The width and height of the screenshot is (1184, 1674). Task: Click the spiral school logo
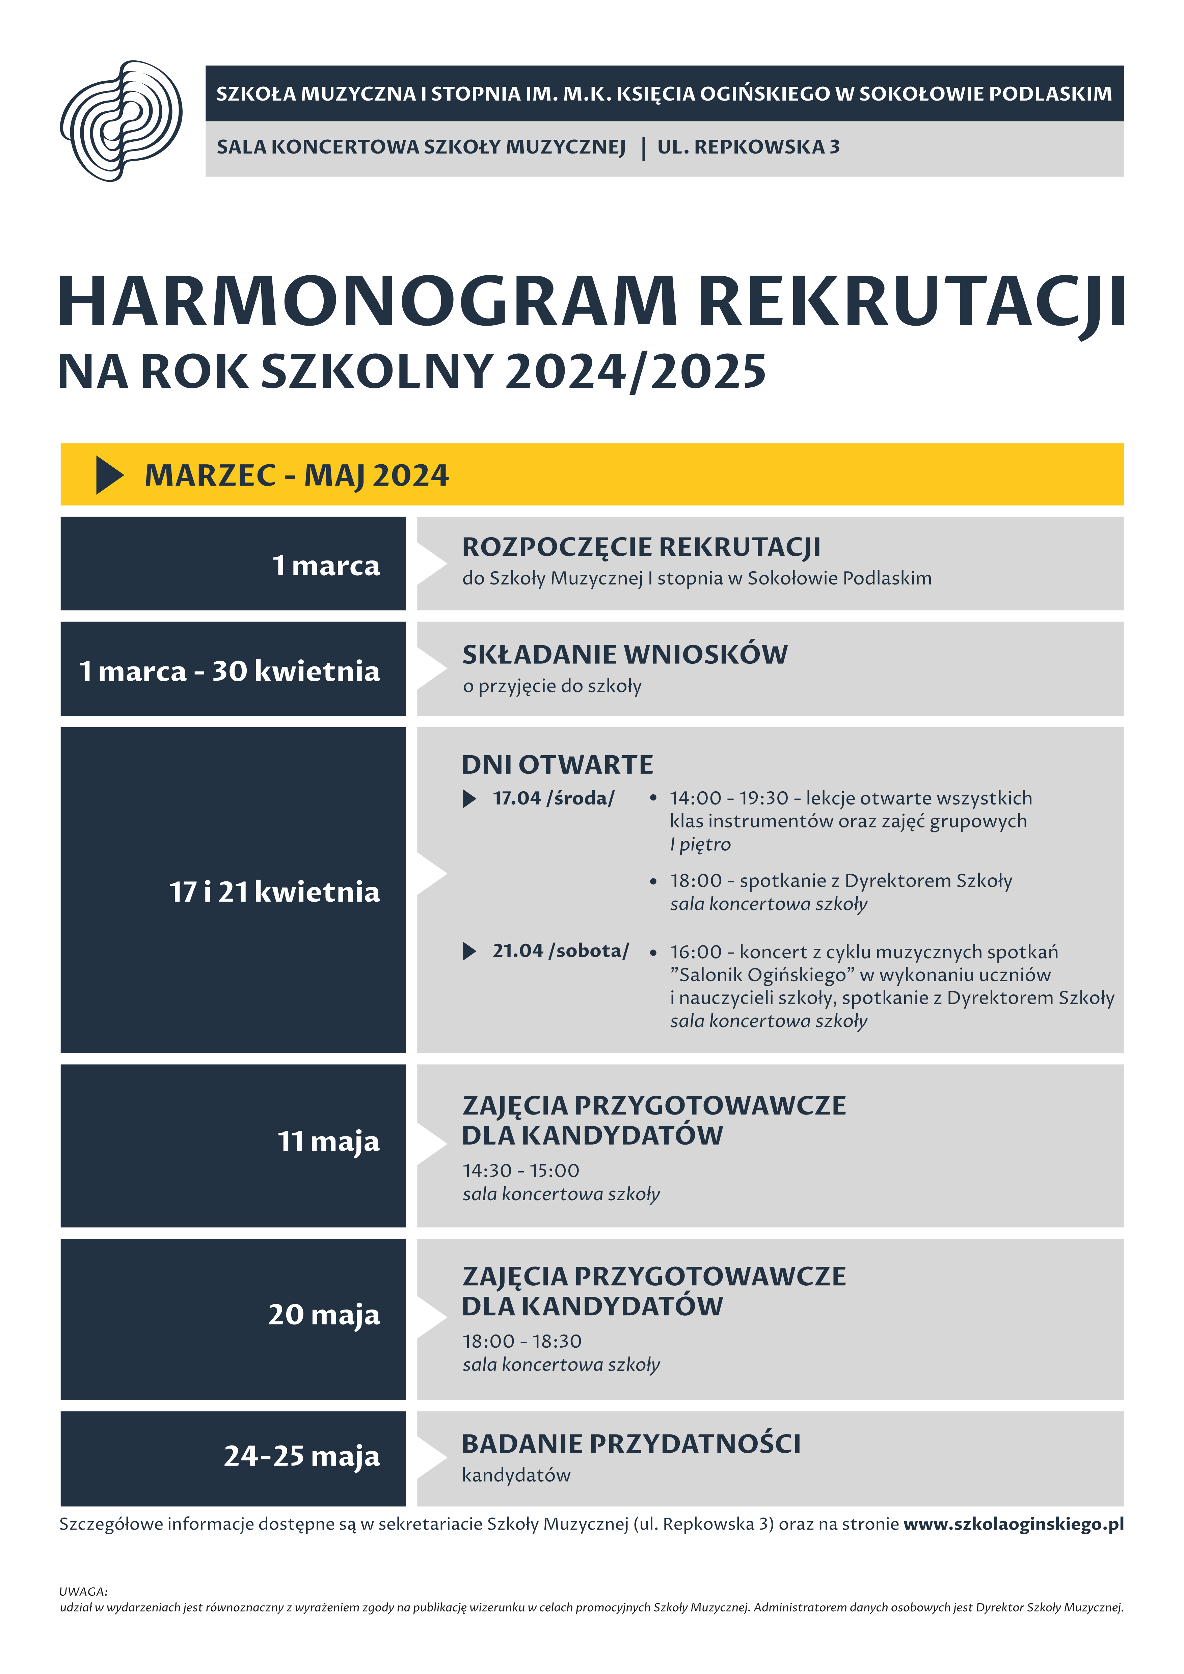[x=121, y=121]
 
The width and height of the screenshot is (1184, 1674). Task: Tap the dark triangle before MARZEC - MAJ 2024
[x=109, y=475]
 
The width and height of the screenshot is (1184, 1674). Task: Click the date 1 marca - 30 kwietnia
[x=230, y=671]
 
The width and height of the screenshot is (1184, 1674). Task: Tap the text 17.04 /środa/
[x=554, y=798]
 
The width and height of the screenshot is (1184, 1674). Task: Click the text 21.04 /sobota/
[x=560, y=951]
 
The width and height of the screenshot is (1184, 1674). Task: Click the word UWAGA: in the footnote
[x=83, y=1592]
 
